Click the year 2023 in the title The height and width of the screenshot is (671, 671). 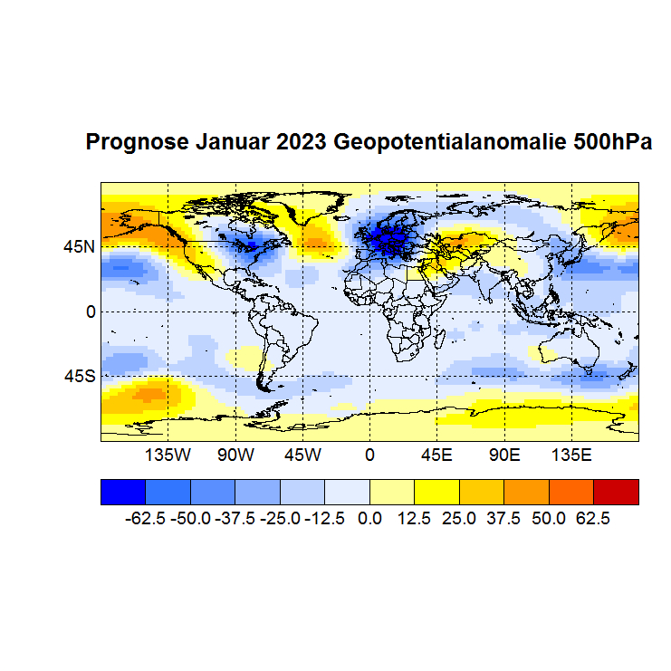click(x=303, y=142)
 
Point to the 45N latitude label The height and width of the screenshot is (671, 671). click(x=79, y=246)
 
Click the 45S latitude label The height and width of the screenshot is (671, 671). click(x=79, y=376)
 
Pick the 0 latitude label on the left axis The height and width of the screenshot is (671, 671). click(x=91, y=312)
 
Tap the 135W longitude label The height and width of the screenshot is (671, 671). click(x=168, y=454)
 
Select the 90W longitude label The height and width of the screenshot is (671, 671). click(x=235, y=454)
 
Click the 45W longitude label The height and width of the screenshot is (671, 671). click(x=302, y=454)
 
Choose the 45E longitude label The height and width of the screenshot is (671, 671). click(x=436, y=454)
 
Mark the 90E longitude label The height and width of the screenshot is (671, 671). click(x=503, y=454)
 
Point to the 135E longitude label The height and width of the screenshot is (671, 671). click(x=571, y=454)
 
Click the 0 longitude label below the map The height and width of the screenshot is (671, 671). click(x=369, y=454)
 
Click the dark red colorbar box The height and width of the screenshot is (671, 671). click(x=616, y=492)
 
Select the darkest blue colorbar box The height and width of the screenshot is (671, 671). click(x=122, y=492)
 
